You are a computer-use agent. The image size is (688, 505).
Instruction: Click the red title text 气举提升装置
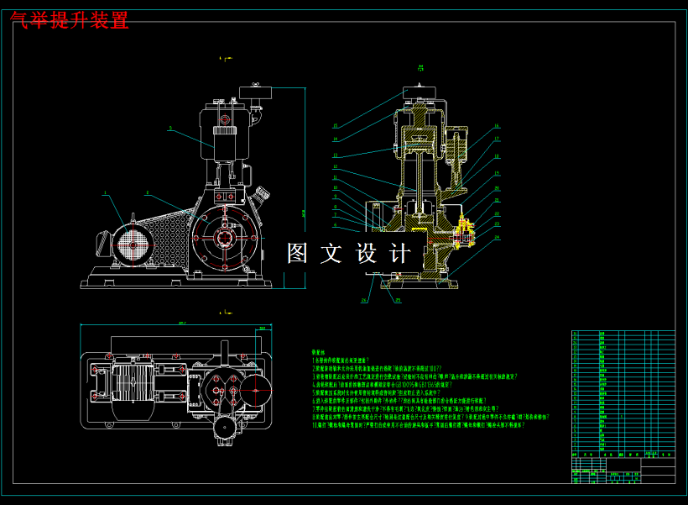(70, 20)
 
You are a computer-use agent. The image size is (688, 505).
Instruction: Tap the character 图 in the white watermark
(299, 253)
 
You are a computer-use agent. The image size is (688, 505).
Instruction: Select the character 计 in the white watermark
(400, 253)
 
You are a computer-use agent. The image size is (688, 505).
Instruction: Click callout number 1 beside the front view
(106, 194)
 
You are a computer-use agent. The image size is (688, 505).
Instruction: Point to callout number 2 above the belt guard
(147, 194)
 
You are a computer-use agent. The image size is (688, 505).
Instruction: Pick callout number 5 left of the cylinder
(169, 129)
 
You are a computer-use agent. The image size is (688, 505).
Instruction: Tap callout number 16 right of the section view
(497, 126)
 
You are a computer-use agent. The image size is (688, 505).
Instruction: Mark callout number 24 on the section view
(497, 237)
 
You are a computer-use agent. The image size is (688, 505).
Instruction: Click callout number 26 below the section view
(365, 300)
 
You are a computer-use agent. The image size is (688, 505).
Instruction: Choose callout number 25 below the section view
(398, 300)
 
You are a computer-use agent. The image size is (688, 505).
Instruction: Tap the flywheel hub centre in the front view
(225, 239)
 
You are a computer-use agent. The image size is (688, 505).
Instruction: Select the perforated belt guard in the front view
(168, 227)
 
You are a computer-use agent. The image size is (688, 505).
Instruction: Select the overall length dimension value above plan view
(181, 322)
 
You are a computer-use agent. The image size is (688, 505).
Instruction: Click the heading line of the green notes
(318, 353)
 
